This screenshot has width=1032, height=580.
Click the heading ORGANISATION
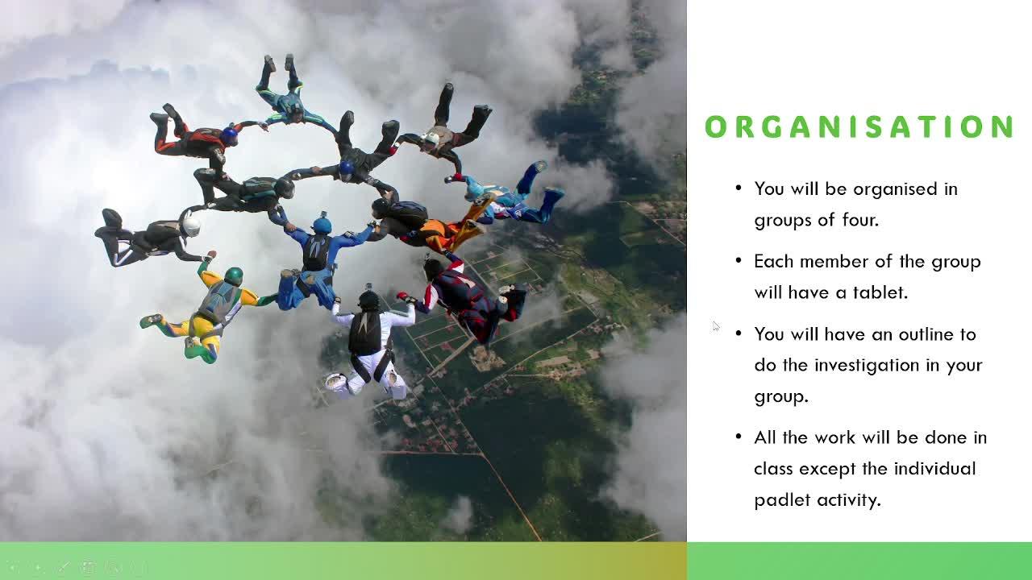click(859, 126)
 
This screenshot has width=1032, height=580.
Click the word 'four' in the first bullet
click(859, 220)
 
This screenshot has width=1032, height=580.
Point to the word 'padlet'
click(782, 500)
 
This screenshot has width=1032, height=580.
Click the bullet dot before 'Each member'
click(739, 261)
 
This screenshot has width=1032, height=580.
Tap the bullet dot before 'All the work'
click(739, 437)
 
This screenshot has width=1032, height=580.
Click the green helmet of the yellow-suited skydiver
click(234, 275)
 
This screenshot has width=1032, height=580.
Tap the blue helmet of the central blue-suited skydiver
click(322, 225)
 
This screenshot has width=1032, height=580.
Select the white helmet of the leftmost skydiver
click(190, 226)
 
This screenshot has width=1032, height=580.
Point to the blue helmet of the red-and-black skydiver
click(229, 136)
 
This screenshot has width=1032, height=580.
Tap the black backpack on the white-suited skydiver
click(365, 333)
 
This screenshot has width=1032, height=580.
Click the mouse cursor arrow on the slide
click(715, 326)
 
